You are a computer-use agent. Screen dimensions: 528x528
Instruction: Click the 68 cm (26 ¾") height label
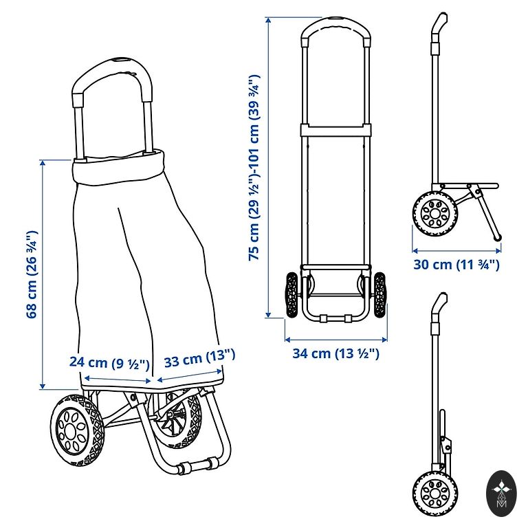[32, 274]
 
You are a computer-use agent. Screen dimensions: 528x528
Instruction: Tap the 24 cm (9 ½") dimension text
[109, 363]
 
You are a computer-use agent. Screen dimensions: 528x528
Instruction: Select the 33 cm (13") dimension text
[199, 359]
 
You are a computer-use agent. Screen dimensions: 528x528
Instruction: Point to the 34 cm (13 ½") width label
[335, 353]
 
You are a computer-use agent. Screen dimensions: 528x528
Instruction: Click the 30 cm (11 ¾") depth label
[456, 264]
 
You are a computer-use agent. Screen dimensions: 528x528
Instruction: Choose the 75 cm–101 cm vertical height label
[254, 167]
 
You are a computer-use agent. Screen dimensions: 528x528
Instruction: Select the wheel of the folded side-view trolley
[434, 494]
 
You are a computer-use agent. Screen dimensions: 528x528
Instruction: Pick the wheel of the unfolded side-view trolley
[434, 214]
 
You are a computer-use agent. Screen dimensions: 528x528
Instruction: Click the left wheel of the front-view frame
[292, 295]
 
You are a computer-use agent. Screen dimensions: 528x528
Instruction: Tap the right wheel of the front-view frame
[379, 295]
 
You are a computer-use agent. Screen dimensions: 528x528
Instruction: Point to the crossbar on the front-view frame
[336, 130]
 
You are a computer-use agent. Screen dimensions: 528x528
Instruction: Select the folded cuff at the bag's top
[118, 167]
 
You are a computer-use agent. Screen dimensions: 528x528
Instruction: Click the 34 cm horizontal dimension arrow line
[335, 340]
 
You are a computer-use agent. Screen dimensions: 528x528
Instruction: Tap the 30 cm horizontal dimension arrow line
[456, 250]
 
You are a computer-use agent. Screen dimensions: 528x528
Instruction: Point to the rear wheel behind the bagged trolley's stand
[175, 419]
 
